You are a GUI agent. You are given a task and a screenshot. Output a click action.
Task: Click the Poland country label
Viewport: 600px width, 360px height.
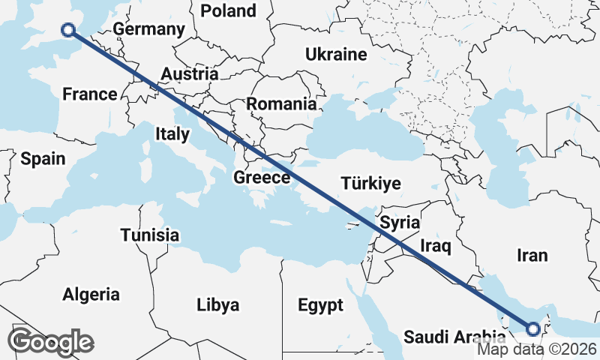coord(228,10)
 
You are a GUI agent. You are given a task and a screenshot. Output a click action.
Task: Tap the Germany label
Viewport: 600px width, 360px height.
coord(149,30)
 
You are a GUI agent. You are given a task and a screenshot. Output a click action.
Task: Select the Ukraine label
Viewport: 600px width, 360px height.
coord(335,54)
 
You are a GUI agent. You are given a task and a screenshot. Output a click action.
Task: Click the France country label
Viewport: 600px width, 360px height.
coord(90,94)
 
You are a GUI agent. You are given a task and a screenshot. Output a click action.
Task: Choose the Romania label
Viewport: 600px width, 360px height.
coord(281,104)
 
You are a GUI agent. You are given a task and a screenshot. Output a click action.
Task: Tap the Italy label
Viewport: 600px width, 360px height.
coord(172,133)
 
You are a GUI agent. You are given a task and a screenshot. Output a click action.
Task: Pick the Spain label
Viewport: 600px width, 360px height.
coord(43,159)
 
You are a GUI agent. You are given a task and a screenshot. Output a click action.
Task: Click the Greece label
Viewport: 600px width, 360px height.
coord(262,178)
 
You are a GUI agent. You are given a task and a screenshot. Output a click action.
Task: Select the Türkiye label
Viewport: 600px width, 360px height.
coord(370,184)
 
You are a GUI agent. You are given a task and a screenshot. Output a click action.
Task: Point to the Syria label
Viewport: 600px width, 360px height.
coord(399,223)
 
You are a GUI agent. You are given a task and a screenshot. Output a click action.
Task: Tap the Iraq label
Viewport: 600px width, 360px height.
coord(434,246)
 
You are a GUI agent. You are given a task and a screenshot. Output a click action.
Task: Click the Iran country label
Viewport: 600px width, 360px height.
coord(532,256)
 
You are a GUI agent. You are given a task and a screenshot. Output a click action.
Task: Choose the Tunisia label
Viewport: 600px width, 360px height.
coord(150,235)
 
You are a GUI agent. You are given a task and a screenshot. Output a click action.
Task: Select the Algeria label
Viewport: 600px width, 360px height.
coord(91,294)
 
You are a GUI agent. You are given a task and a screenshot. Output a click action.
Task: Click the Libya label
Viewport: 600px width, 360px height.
coord(217,305)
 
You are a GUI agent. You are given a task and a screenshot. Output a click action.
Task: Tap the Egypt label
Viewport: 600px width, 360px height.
coord(320,305)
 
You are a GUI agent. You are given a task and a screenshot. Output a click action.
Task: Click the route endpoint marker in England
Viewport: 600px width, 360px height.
coord(68,30)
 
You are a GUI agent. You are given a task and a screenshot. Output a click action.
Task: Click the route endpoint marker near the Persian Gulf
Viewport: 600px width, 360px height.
coord(532,328)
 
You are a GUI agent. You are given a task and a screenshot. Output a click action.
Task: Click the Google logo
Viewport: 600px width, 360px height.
coord(51,342)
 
